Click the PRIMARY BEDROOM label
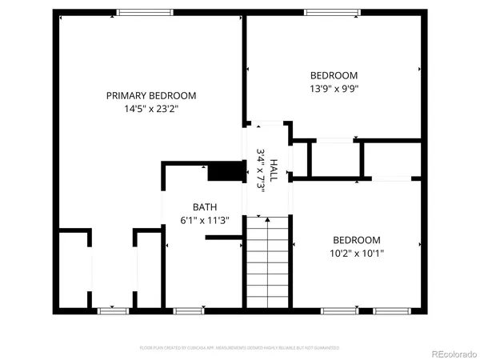pos(151,95)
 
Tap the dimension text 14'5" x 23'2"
pos(151,110)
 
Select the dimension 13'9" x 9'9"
pos(334,90)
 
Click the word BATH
pos(205,206)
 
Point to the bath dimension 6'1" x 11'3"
pos(205,221)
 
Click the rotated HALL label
pos(274,169)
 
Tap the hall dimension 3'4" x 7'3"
pos(261,169)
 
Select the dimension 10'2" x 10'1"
pos(357,254)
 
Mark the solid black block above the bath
pos(225,171)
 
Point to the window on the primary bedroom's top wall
pos(145,11)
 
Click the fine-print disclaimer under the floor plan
pos(239,348)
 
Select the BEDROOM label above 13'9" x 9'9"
pos(334,75)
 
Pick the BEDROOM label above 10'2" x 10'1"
pos(357,239)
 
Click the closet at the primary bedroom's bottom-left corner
pos(74,270)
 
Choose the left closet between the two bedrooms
pos(334,159)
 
